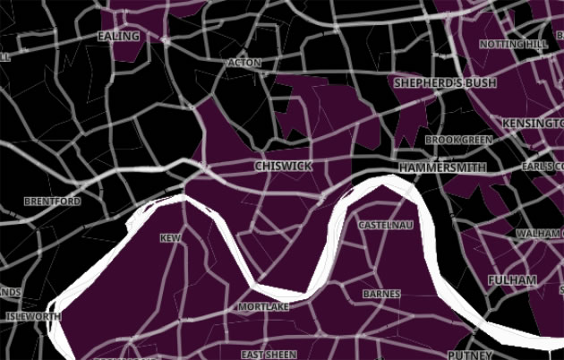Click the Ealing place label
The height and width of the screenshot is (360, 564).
tap(118, 37)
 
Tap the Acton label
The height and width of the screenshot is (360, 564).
tap(244, 64)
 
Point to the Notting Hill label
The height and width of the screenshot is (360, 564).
tap(513, 44)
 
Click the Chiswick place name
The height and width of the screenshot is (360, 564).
tap(282, 167)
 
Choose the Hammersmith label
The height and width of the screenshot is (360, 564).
tap(442, 167)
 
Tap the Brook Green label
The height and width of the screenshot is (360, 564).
tap(458, 141)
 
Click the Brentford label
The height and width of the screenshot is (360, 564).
tap(52, 201)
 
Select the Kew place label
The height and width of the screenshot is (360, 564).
tap(169, 238)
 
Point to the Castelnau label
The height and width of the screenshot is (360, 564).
tap(385, 225)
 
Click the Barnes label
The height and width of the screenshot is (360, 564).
tap(381, 294)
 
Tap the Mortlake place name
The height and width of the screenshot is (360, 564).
tap(263, 307)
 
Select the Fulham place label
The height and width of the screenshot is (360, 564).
tap(512, 280)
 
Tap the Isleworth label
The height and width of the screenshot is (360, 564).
tap(32, 317)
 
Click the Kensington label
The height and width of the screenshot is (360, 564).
tap(533, 122)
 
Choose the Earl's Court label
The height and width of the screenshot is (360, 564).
tap(542, 167)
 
